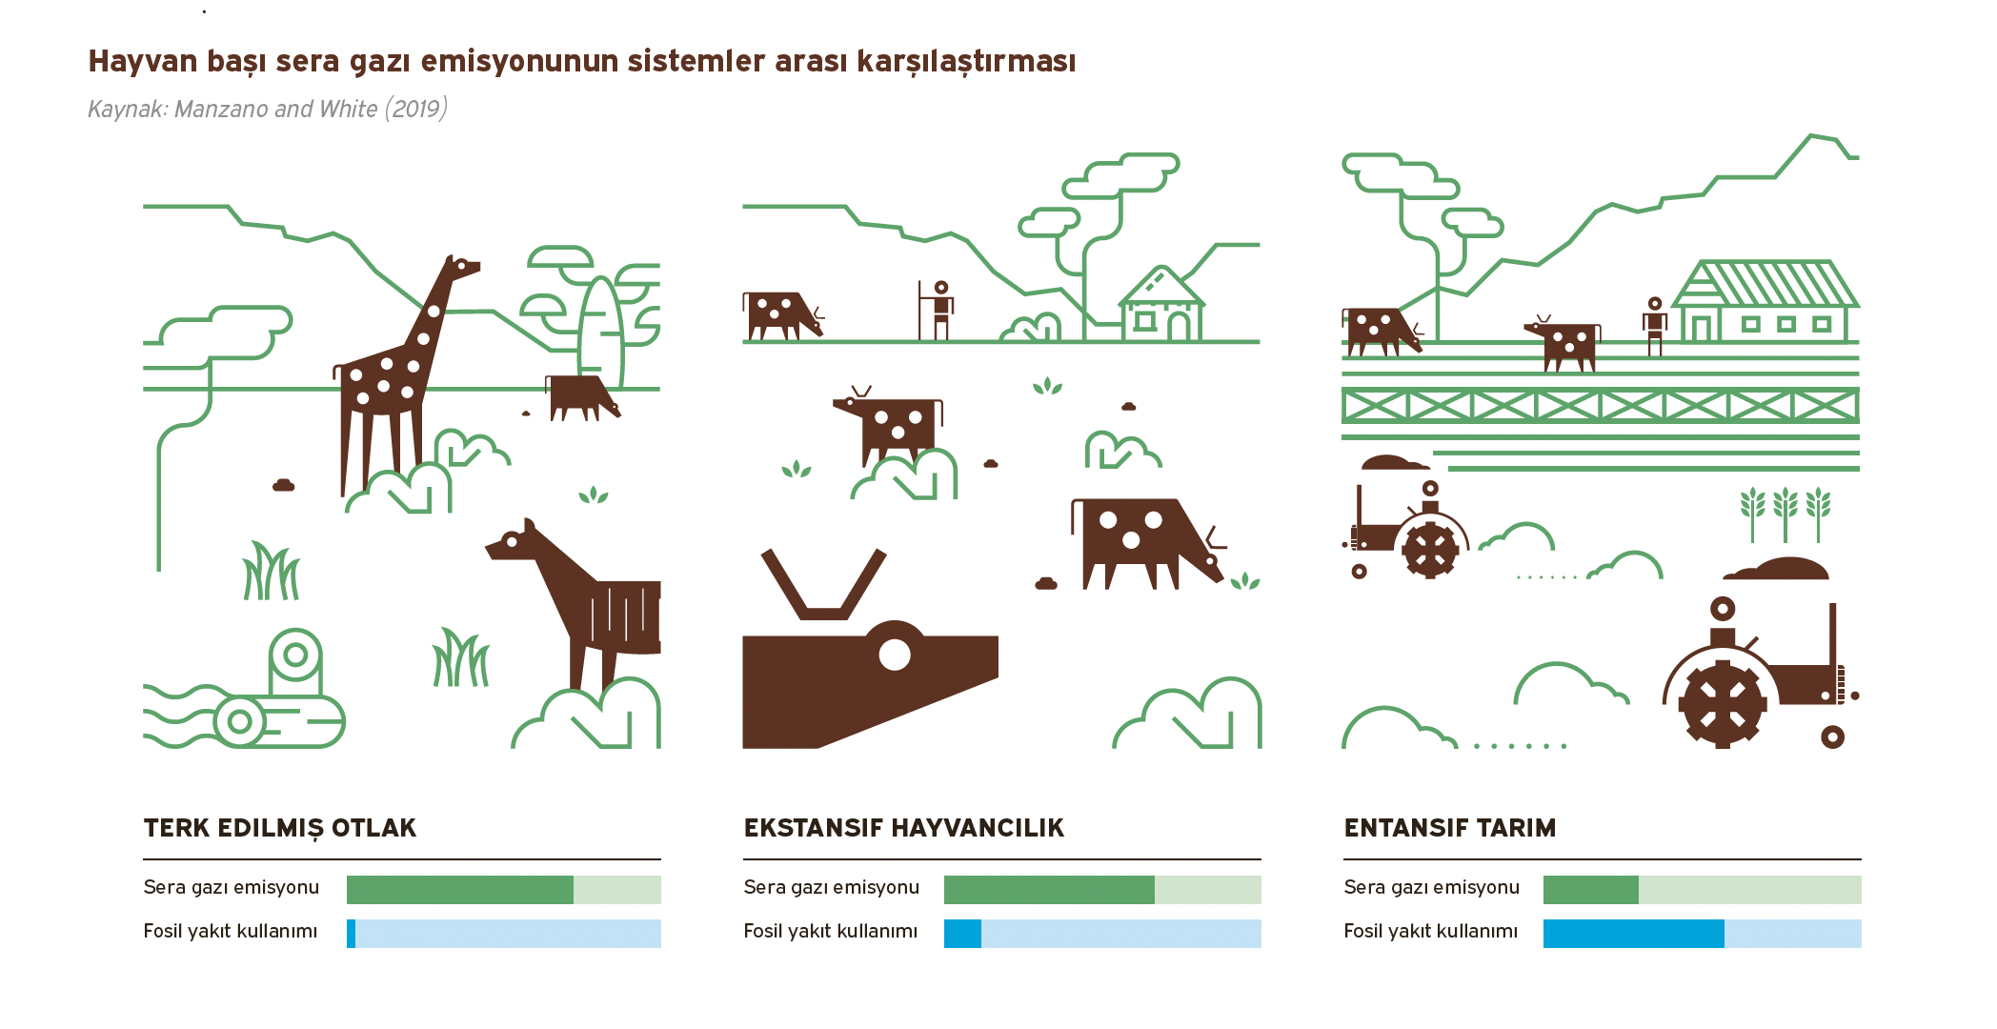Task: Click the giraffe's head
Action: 463,268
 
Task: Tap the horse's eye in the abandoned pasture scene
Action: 512,541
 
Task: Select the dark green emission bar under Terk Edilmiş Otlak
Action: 460,890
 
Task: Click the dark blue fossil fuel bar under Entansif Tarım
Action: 1634,934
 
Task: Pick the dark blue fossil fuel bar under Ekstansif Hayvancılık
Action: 962,934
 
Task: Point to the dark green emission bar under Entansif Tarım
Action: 1591,890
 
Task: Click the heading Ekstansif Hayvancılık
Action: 903,828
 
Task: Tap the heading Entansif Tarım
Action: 1449,828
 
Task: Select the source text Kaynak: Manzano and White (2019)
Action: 268,109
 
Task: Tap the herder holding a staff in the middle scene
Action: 938,311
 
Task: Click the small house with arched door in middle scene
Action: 1161,304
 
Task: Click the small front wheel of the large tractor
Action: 1832,736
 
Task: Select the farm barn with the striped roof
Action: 1765,301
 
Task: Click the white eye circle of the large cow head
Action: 895,655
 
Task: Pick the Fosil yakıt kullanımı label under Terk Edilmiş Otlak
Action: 231,931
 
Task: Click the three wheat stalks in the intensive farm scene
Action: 1785,514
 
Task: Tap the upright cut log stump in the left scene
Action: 295,662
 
